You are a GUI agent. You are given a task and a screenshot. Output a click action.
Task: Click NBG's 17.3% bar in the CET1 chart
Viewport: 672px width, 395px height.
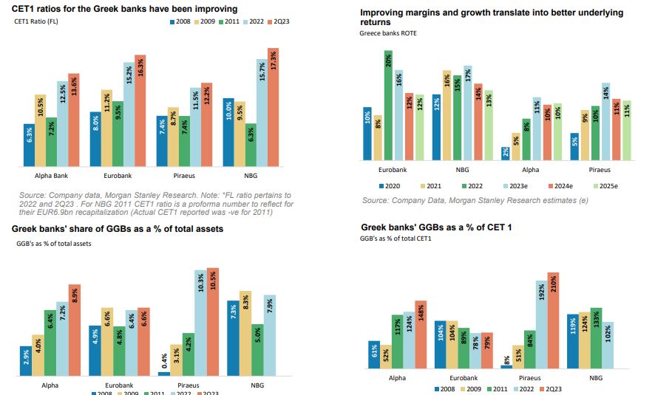273,107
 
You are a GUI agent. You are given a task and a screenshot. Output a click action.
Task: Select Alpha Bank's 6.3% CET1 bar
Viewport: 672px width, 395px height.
29,145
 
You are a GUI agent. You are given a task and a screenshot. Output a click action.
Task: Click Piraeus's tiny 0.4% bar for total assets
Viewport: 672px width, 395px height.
163,374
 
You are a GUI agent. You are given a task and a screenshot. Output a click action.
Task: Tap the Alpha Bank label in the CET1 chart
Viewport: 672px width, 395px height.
52,176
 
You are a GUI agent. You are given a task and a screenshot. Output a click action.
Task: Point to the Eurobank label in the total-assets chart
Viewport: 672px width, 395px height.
118,385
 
